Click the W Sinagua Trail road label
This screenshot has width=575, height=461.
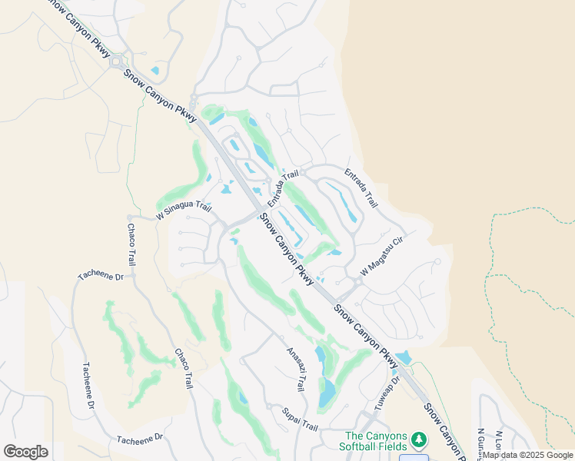pos(183,210)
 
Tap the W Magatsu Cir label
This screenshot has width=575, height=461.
pos(382,257)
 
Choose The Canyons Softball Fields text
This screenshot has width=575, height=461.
pos(374,440)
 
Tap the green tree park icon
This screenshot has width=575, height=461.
pos(418,439)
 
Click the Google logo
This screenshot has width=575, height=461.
pos(25,452)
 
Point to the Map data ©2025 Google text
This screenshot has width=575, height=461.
pos(527,455)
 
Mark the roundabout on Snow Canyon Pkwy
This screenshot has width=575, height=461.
pos(118,62)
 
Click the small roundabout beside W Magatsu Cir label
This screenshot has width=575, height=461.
pos(358,283)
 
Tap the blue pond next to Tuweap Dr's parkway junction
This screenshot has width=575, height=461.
pos(402,358)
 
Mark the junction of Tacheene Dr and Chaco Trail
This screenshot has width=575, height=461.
pos(132,274)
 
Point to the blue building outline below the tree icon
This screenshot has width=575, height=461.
pos(413,458)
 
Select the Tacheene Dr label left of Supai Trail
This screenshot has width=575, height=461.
pos(140,438)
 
